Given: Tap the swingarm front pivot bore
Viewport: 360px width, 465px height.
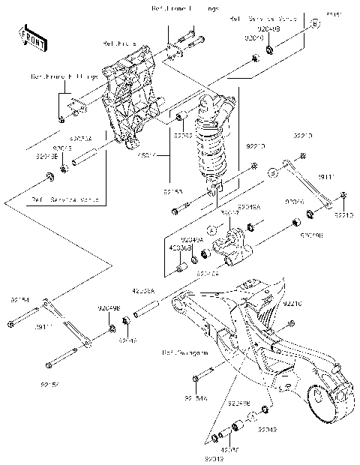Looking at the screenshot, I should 179,304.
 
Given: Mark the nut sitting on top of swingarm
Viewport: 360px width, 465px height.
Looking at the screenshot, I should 292,324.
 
